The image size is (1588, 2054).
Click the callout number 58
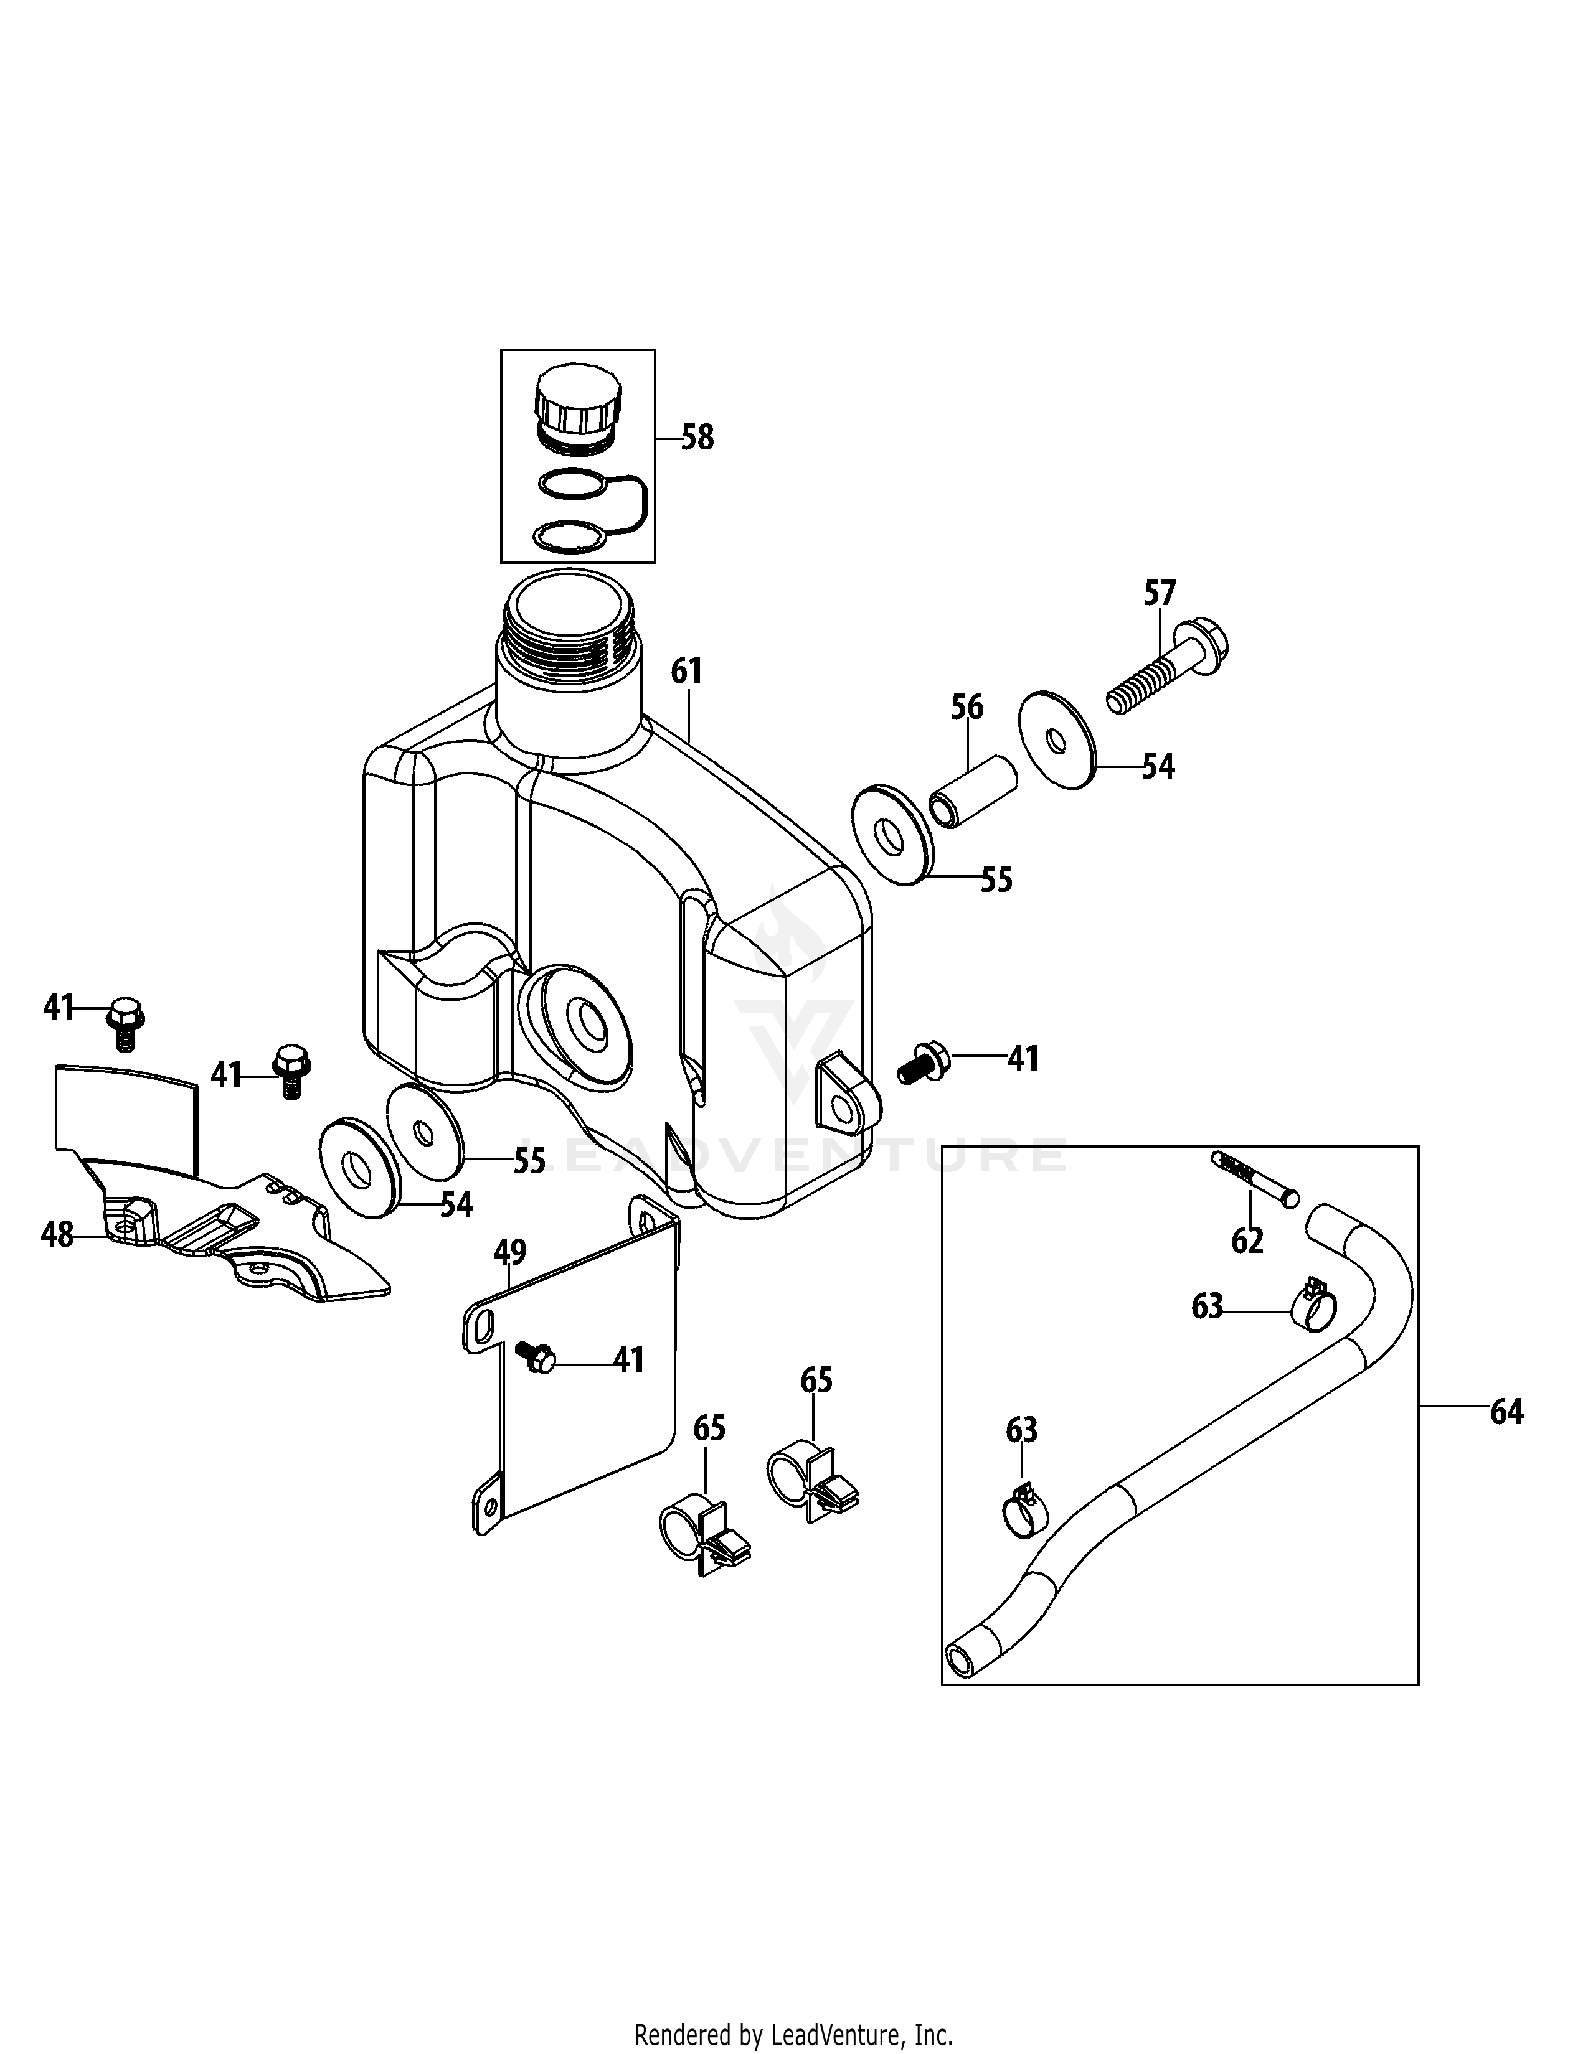[x=697, y=438]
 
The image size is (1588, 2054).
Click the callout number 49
[x=510, y=1252]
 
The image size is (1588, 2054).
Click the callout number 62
[x=1247, y=1242]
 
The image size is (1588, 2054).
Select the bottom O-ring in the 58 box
[x=569, y=537]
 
